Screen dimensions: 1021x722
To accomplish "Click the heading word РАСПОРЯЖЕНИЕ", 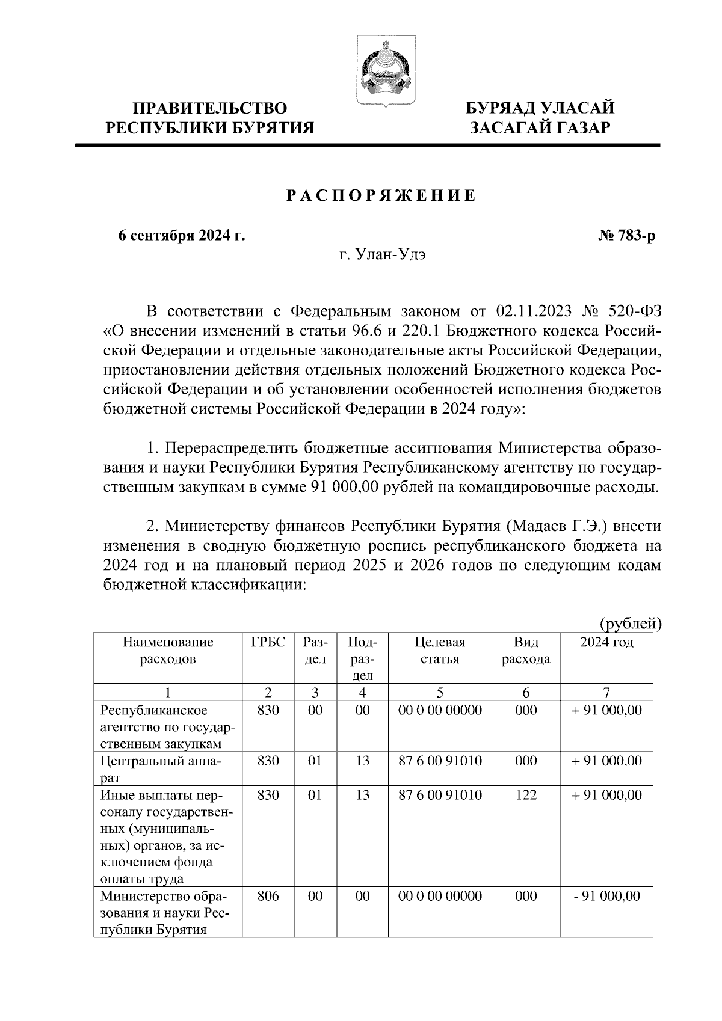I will [380, 196].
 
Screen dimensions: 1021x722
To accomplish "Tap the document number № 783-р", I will [626, 236].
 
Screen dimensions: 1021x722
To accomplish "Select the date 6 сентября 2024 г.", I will [182, 236].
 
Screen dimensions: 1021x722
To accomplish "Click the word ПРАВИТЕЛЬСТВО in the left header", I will [210, 109].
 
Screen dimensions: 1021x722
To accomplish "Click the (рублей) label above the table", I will [630, 624].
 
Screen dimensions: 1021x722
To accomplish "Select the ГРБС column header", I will [268, 642].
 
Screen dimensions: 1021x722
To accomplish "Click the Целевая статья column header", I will [440, 651].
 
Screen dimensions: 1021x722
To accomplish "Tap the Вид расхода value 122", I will [526, 795].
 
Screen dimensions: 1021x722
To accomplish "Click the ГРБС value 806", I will [268, 896].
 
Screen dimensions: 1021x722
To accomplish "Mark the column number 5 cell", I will [440, 692].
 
